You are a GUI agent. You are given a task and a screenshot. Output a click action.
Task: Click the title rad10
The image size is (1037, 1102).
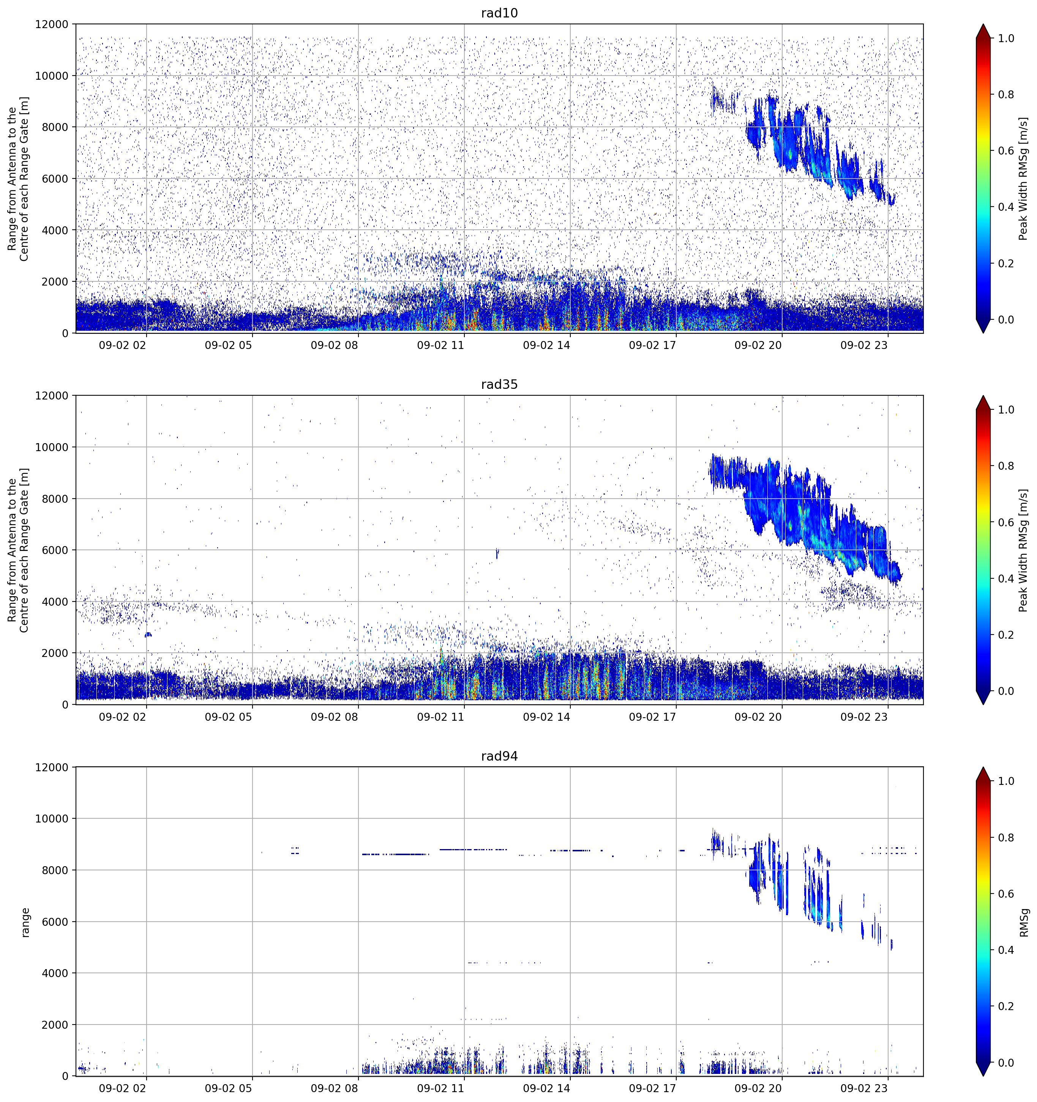tap(499, 13)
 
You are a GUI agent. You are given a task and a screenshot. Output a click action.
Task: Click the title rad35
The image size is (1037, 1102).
tap(499, 385)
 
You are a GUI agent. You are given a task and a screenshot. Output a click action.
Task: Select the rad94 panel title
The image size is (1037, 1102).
tap(499, 756)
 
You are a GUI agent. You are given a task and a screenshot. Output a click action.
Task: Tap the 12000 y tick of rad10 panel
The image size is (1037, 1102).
tap(52, 24)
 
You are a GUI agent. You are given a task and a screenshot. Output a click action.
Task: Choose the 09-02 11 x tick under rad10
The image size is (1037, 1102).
tap(440, 345)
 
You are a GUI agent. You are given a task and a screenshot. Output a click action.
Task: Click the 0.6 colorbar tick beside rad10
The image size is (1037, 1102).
tap(1006, 151)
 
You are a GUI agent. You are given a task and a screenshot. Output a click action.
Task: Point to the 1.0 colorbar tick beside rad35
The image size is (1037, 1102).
tap(1006, 410)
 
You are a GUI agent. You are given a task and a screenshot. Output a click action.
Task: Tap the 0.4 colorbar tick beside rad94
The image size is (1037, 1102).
tap(1006, 950)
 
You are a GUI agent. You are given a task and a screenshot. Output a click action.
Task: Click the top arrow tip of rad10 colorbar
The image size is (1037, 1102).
tap(983, 24)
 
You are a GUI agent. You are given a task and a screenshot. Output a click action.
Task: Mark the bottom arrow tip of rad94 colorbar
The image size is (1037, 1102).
tap(983, 1076)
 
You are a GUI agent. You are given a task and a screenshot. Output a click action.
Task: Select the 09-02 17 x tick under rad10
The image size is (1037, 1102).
tap(652, 345)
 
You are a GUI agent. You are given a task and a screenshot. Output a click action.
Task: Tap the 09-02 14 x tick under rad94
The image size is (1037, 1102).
tap(546, 1088)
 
